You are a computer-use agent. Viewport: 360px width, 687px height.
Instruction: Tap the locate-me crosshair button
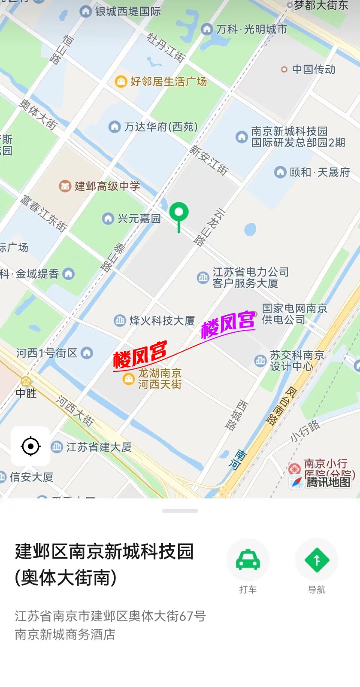pos(30,446)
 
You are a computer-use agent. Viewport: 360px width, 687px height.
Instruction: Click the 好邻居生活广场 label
pos(168,81)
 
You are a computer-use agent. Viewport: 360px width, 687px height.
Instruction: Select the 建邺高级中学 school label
pos(107,186)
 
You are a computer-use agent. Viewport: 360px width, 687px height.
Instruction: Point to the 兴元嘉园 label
pos(139,219)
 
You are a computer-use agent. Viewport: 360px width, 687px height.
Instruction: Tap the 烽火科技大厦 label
pos(162,320)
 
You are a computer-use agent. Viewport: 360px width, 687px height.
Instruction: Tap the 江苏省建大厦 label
pos(99,447)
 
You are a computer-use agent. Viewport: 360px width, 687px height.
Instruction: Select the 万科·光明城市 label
pos(251,29)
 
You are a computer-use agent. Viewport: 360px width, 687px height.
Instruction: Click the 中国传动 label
pos(313,70)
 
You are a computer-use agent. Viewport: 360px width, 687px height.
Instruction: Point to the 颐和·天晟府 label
pos(320,172)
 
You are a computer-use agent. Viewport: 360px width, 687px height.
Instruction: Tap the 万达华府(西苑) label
pos(160,127)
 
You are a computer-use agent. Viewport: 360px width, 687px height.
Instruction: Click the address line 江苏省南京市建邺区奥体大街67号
pos(110,616)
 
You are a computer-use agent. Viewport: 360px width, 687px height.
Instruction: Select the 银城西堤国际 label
pos(127,11)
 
